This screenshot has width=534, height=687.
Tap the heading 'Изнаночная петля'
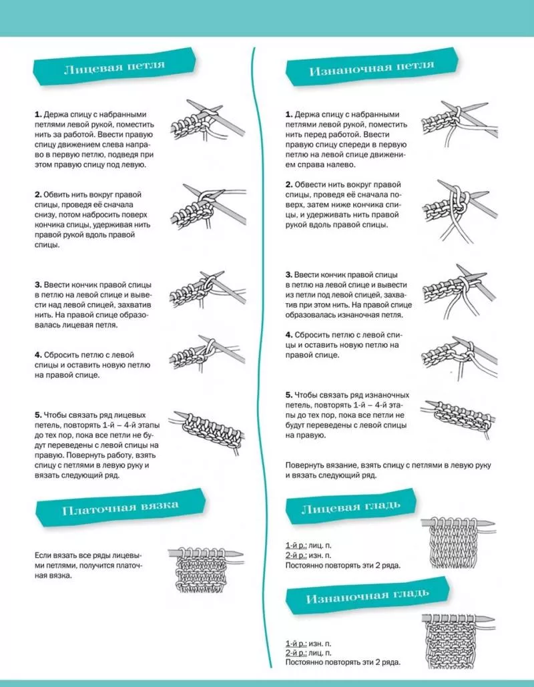click(371, 67)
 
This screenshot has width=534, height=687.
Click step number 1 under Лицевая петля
click(38, 115)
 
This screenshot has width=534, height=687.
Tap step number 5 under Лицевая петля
click(38, 415)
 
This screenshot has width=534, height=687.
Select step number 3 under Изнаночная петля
click(289, 275)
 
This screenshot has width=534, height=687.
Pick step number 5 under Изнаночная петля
click(289, 395)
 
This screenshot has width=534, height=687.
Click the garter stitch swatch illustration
click(204, 567)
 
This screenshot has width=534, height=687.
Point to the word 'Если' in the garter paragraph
click(43, 555)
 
